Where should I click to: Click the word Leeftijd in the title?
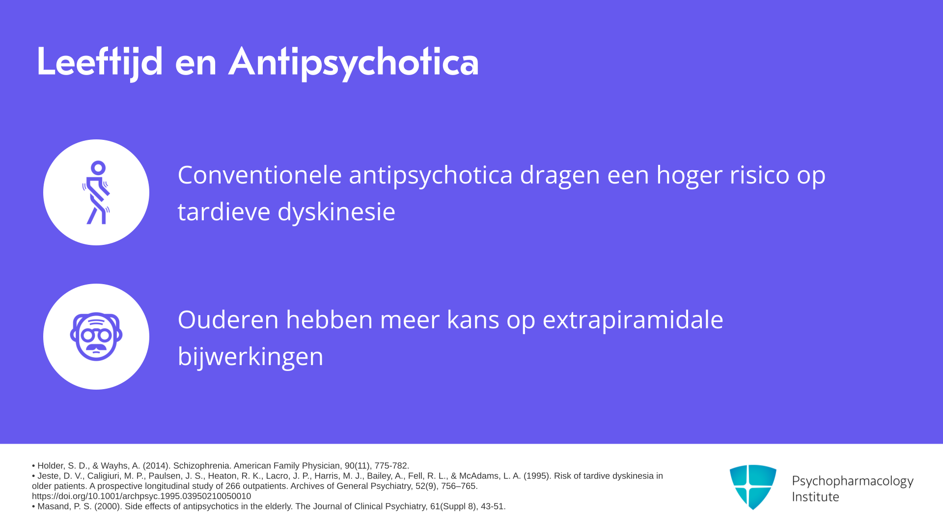[100, 62]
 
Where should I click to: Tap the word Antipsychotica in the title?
[354, 62]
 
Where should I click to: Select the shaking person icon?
[96, 192]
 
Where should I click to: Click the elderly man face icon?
[96, 337]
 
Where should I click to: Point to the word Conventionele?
[260, 175]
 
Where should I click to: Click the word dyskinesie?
[336, 212]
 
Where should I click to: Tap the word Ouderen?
[228, 319]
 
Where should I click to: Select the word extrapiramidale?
[633, 320]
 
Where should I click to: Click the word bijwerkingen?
[250, 356]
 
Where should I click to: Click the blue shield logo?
[753, 487]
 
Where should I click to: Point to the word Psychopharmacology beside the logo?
[853, 481]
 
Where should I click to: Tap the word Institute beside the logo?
[816, 497]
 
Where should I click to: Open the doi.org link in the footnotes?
[141, 496]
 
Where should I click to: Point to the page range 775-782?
[391, 466]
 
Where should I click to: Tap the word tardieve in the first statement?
[224, 212]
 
